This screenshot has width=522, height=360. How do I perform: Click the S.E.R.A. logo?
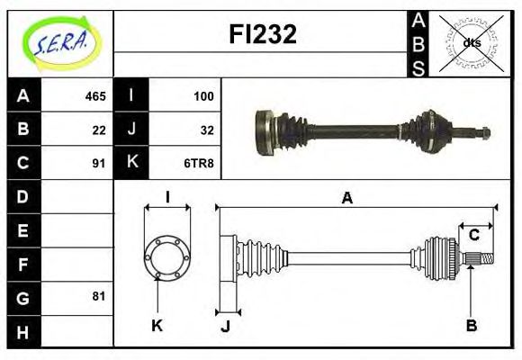(59, 41)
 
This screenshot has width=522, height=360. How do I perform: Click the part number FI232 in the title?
(261, 35)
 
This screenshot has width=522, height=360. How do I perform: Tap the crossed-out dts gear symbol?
(470, 42)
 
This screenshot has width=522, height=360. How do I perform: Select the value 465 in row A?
(94, 96)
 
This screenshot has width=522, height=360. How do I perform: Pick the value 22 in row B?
(99, 130)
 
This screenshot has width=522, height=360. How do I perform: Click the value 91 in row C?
(99, 163)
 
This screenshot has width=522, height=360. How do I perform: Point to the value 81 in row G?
(99, 296)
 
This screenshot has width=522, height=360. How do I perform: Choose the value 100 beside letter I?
(202, 96)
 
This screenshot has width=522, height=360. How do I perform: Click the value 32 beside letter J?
(206, 130)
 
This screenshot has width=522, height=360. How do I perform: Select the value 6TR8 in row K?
(200, 163)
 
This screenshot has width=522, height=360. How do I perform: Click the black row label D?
(23, 196)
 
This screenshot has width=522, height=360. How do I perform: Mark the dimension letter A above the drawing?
(346, 198)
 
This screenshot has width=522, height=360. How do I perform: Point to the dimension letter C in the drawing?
(473, 236)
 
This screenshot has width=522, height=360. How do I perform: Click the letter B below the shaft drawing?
(471, 325)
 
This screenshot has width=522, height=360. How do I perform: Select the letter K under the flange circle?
(157, 325)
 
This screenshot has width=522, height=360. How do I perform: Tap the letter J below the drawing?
(225, 326)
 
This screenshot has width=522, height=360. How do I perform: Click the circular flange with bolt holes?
(167, 256)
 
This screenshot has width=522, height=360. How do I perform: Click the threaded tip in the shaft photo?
(482, 133)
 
